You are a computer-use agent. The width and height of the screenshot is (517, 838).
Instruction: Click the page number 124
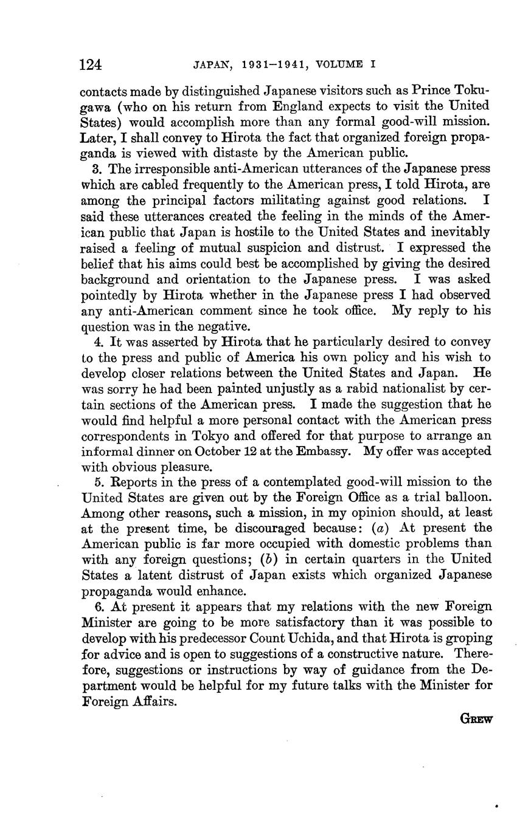[x=91, y=64]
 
